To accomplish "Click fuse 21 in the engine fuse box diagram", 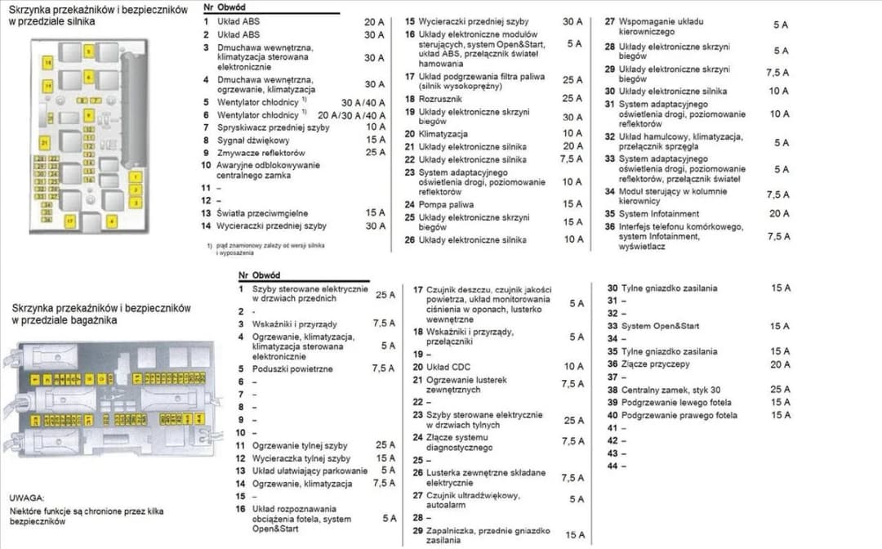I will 44,143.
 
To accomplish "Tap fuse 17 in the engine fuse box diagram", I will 70,220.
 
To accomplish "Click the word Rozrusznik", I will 441,98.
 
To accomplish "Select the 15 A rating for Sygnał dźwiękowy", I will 376,140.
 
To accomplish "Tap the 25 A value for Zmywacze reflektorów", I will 376,153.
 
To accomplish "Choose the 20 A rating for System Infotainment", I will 779,213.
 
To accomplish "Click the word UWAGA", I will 27,497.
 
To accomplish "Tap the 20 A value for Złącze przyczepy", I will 781,364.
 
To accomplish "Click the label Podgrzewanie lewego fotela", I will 676,402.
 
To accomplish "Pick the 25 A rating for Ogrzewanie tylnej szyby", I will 385,445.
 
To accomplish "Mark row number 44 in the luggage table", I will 612,466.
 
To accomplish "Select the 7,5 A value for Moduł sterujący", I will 778,195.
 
